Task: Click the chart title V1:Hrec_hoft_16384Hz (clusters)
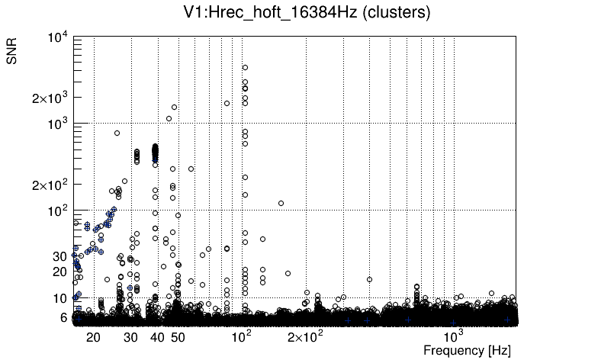click(307, 13)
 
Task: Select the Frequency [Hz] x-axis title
click(467, 350)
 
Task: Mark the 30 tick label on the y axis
click(61, 256)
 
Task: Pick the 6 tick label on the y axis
click(65, 317)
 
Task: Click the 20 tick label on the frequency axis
click(93, 336)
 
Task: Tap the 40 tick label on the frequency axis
click(157, 336)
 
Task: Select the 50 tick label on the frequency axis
click(178, 336)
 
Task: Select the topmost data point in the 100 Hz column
click(245, 67)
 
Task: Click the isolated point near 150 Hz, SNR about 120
click(281, 203)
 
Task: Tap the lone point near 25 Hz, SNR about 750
click(117, 133)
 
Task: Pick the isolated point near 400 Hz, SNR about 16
click(369, 279)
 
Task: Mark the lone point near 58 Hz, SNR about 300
click(191, 169)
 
